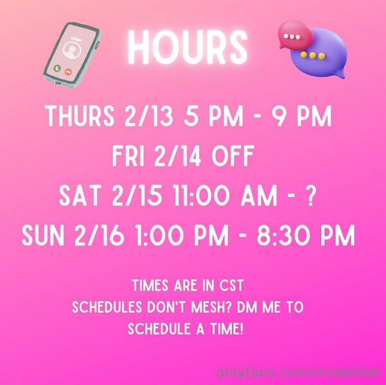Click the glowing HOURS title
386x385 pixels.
click(188, 47)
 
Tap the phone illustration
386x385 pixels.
click(72, 55)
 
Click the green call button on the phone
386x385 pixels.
click(57, 69)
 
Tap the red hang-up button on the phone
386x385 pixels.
click(68, 72)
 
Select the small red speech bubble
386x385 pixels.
click(295, 35)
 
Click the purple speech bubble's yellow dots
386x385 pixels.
click(313, 55)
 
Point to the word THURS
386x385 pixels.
click(80, 116)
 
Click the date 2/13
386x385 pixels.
click(149, 116)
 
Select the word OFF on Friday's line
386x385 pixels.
click(232, 156)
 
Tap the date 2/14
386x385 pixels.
click(177, 156)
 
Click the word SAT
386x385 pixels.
click(80, 195)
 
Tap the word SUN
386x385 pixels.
click(43, 235)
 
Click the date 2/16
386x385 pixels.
click(99, 235)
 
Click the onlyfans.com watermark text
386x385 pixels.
click(299, 372)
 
